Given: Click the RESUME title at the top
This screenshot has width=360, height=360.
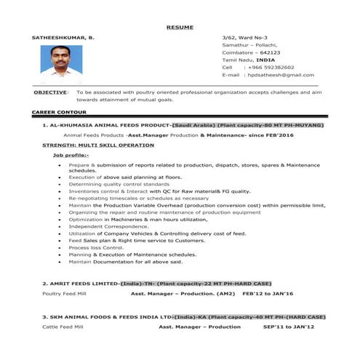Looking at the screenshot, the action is (180, 27).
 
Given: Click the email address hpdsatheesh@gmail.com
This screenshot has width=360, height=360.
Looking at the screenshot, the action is (281, 75).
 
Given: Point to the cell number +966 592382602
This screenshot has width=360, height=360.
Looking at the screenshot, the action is (269, 67).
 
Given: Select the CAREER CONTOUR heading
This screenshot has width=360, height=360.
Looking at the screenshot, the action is (59, 113).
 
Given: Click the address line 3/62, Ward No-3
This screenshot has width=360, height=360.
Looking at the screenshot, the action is (244, 36).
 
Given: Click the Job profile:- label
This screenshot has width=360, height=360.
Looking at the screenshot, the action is (71, 155).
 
